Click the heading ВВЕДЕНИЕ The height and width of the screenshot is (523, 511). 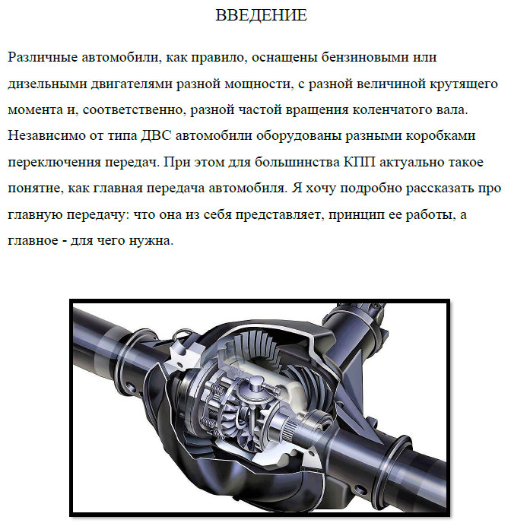point(261,15)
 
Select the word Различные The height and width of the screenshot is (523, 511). point(43,57)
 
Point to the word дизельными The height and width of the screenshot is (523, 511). point(47,84)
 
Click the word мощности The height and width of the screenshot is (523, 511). point(259,84)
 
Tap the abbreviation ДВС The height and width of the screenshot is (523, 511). point(156,136)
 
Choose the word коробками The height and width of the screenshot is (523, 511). point(440,136)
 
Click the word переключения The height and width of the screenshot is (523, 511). point(54,163)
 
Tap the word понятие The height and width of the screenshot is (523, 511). point(35,189)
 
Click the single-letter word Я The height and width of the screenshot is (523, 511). point(297,188)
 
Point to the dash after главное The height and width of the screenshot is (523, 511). point(64,241)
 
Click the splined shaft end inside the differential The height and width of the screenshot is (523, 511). point(290,431)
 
